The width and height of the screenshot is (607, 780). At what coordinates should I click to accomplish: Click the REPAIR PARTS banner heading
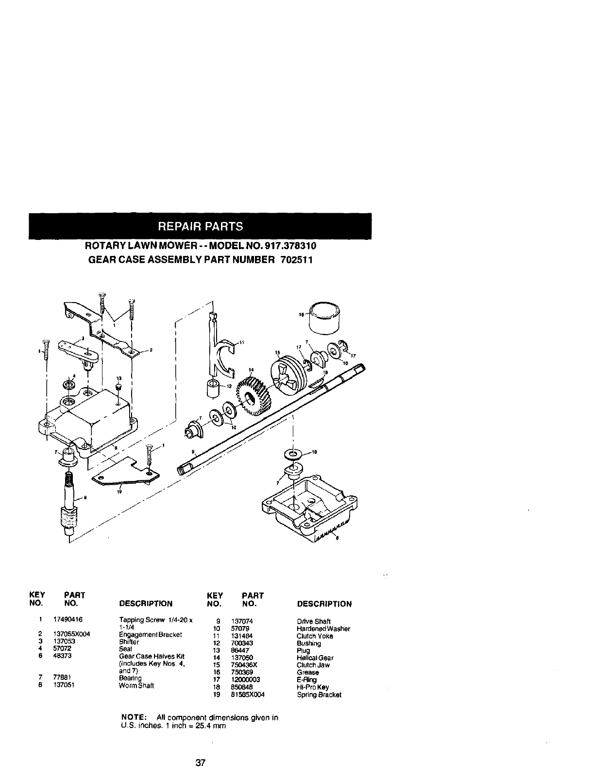200,226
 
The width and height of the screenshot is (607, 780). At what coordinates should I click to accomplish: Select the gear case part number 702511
296,260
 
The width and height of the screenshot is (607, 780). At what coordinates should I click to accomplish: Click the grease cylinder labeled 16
325,317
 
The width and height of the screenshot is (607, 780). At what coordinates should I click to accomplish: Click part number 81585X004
248,695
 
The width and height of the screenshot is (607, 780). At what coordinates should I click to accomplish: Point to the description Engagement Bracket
151,635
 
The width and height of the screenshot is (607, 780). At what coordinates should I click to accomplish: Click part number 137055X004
72,634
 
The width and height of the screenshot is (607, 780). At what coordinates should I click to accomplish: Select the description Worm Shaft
136,686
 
